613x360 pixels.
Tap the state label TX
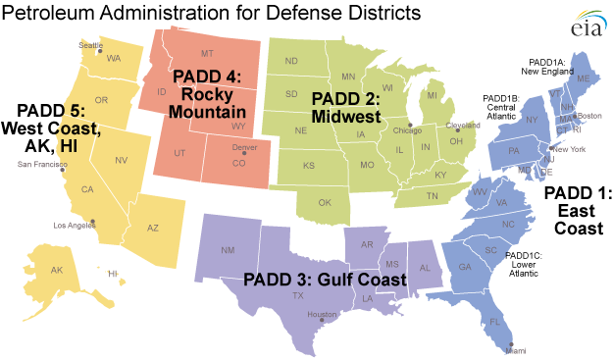click(297, 295)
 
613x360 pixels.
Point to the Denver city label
click(243, 147)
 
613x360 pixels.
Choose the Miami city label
click(516, 350)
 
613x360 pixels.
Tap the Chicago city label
click(408, 129)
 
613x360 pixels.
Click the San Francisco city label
click(42, 164)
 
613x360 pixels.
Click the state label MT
click(206, 53)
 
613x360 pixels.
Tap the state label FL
click(495, 321)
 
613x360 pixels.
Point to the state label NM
click(228, 250)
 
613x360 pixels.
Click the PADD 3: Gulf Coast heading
click(326, 280)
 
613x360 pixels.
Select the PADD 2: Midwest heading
click(348, 107)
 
